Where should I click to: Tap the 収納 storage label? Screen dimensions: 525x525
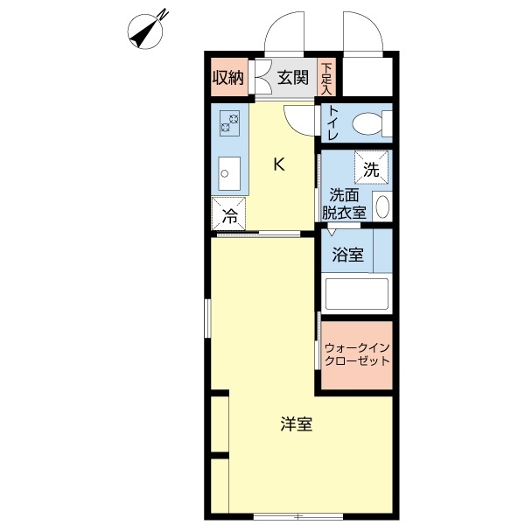[228, 78]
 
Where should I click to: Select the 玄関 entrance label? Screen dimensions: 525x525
[294, 78]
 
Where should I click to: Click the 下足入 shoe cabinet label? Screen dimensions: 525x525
[326, 78]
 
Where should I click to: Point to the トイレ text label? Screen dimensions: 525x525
[333, 125]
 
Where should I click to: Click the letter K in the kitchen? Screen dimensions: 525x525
[278, 164]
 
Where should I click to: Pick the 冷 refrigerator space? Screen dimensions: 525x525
[229, 213]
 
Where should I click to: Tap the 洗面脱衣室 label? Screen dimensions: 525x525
[343, 203]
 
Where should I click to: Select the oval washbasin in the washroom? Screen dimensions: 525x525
[381, 206]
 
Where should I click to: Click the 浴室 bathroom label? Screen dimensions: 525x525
[348, 255]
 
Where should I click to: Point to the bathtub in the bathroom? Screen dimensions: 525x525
[356, 294]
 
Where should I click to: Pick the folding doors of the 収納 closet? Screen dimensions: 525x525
[259, 78]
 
